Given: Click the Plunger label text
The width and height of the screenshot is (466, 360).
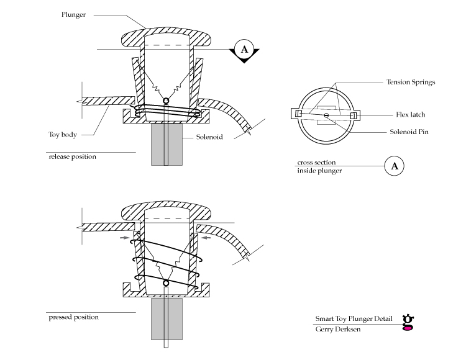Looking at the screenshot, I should tap(73, 14).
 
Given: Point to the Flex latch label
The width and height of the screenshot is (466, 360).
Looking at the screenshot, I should tap(411, 115).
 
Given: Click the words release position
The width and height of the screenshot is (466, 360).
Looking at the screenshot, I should tap(72, 156).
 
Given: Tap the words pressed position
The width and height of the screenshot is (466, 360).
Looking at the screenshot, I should tap(73, 317).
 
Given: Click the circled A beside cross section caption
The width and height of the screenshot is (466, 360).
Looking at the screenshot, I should tap(393, 166).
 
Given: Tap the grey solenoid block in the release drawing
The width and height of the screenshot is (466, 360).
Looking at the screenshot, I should tap(166, 143).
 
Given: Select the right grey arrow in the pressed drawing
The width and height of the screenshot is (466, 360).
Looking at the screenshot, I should tap(205, 236).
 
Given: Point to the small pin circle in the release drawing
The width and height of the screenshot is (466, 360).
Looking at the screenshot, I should tap(166, 101).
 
